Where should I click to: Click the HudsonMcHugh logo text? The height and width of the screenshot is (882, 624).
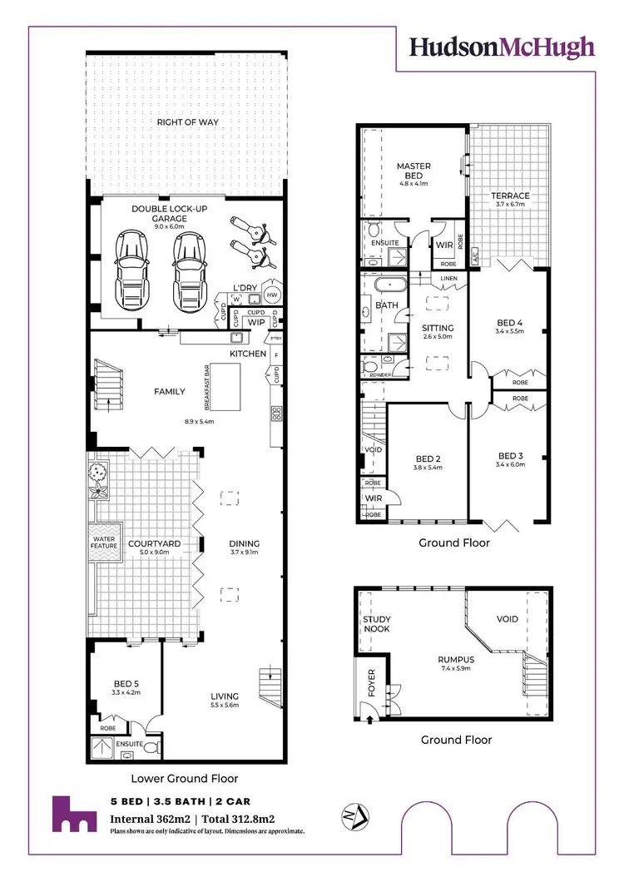click(x=502, y=47)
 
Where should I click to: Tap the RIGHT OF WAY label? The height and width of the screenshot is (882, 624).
click(x=188, y=122)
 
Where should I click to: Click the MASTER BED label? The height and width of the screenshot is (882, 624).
click(x=413, y=171)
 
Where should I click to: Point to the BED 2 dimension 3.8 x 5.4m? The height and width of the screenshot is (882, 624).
click(x=428, y=467)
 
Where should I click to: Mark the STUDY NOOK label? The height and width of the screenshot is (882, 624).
click(x=377, y=624)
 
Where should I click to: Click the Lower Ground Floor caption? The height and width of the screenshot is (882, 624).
click(x=185, y=779)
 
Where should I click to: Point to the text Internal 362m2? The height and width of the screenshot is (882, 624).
click(x=152, y=819)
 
